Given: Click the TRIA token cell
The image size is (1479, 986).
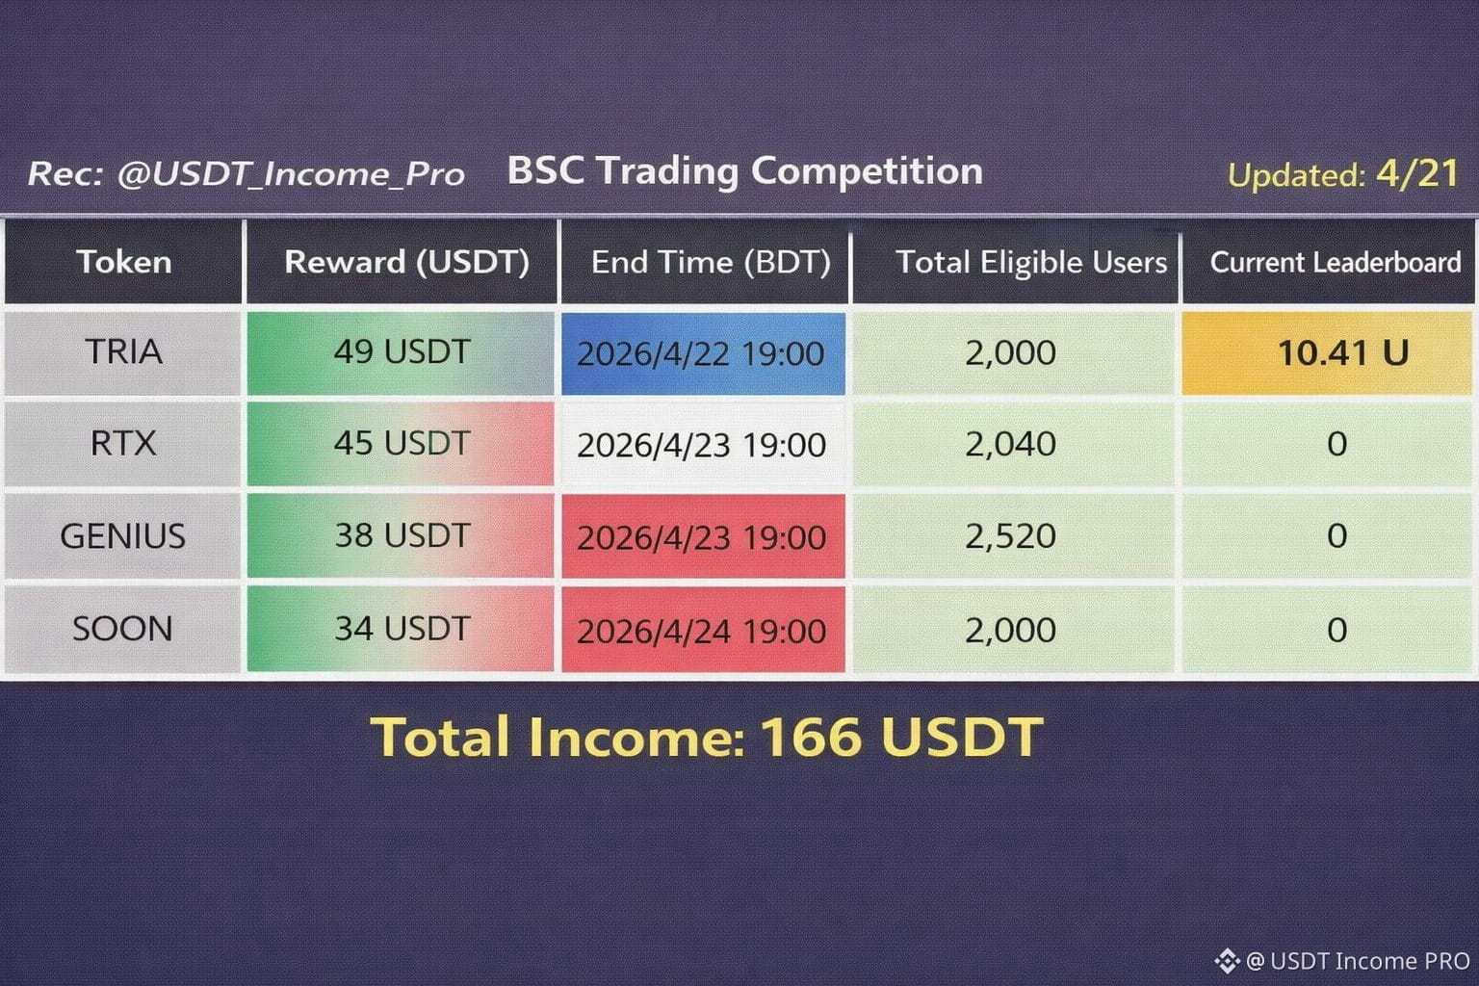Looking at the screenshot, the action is coord(123,352).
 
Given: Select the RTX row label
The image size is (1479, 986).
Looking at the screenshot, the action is coord(123,443).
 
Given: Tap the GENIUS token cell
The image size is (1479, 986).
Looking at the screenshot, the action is coord(123,535).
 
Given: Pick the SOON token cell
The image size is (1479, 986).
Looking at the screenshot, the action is coord(123,629).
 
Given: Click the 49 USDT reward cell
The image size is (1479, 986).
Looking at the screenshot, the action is coord(401,352).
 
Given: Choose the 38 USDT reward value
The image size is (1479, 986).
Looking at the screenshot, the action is coord(402,535).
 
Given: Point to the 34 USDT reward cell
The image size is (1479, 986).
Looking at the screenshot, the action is coord(401,629).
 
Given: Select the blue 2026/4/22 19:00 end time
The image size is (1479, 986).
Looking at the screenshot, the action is coord(703,353).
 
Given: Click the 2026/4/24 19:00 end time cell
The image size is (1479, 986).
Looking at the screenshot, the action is coord(703,630).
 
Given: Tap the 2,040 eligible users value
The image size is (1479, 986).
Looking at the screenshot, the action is coord(1010,444).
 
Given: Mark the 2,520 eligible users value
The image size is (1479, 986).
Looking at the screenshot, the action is coord(1010,535).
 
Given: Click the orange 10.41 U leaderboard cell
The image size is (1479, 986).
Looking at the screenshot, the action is coord(1328,352).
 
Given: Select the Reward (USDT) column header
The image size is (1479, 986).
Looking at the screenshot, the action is coord(406,262).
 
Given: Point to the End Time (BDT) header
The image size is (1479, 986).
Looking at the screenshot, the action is coord(711,262).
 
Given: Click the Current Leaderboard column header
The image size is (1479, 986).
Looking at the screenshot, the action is coord(1336,262).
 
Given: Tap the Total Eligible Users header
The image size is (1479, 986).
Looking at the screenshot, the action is coord(1031,262).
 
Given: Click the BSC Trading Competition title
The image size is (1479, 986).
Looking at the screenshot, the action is coord(744,171).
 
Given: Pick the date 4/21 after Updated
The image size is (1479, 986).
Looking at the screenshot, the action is coord(1417,173).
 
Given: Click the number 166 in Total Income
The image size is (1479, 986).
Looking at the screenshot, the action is coord(811,737).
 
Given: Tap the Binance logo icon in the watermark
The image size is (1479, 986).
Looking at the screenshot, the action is coord(1228,961).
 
